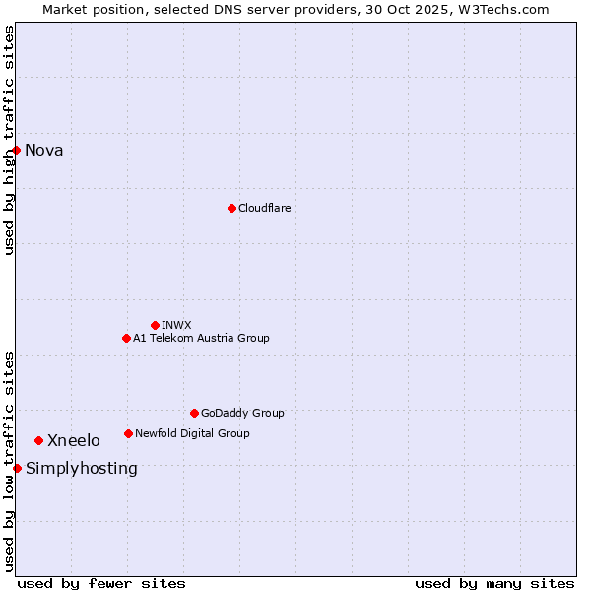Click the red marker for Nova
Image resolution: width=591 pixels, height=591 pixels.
tap(17, 150)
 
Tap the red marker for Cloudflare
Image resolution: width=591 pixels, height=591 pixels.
tap(231, 208)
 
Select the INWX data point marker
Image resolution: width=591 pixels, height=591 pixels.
tap(155, 325)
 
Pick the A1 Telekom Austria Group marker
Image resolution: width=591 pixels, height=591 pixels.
tap(126, 338)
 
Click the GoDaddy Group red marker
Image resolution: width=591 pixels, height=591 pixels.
tap(194, 413)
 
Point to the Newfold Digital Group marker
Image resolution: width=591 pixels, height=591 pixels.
tap(128, 433)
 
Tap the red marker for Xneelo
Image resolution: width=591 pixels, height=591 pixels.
tap(38, 440)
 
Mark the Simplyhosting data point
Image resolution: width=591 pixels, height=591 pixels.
tap(17, 468)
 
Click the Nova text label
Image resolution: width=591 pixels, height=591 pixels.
tap(44, 150)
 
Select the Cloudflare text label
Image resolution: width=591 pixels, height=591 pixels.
tap(265, 208)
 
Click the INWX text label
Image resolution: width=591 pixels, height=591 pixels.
tap(176, 325)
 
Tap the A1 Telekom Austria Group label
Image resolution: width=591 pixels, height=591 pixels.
tap(201, 338)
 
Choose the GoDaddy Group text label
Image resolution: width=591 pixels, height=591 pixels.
tap(242, 413)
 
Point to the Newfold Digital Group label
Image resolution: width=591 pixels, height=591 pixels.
tap(192, 433)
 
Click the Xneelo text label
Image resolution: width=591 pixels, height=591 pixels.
tap(74, 440)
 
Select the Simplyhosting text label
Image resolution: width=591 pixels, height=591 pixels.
tap(82, 468)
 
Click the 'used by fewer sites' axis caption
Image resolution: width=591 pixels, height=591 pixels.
tap(101, 583)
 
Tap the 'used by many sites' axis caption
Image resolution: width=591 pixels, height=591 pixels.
tap(494, 583)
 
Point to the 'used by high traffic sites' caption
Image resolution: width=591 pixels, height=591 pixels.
tap(9, 140)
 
